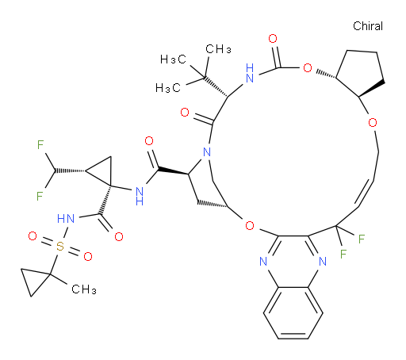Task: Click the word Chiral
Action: point(368,26)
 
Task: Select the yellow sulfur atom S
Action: point(60,246)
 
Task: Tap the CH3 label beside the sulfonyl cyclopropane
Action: point(84,289)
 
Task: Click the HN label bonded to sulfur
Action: point(66,219)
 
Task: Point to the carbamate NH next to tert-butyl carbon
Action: point(250,73)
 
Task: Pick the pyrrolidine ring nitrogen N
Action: point(207,152)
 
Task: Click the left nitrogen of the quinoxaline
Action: point(263,262)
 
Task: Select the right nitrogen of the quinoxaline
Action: point(323,262)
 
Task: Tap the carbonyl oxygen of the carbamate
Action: point(273,39)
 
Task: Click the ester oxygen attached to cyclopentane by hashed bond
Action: point(308,68)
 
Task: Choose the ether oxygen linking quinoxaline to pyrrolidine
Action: point(250,225)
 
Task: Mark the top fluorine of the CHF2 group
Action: point(40,145)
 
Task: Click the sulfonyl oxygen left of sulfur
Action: point(33,236)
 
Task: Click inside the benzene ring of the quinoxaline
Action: point(293,313)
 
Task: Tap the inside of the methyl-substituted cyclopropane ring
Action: point(34,280)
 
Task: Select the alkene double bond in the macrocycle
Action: point(365,193)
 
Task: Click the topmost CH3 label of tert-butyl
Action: point(218,49)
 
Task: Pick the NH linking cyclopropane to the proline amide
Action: point(140,196)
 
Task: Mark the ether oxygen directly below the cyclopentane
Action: point(373,123)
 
